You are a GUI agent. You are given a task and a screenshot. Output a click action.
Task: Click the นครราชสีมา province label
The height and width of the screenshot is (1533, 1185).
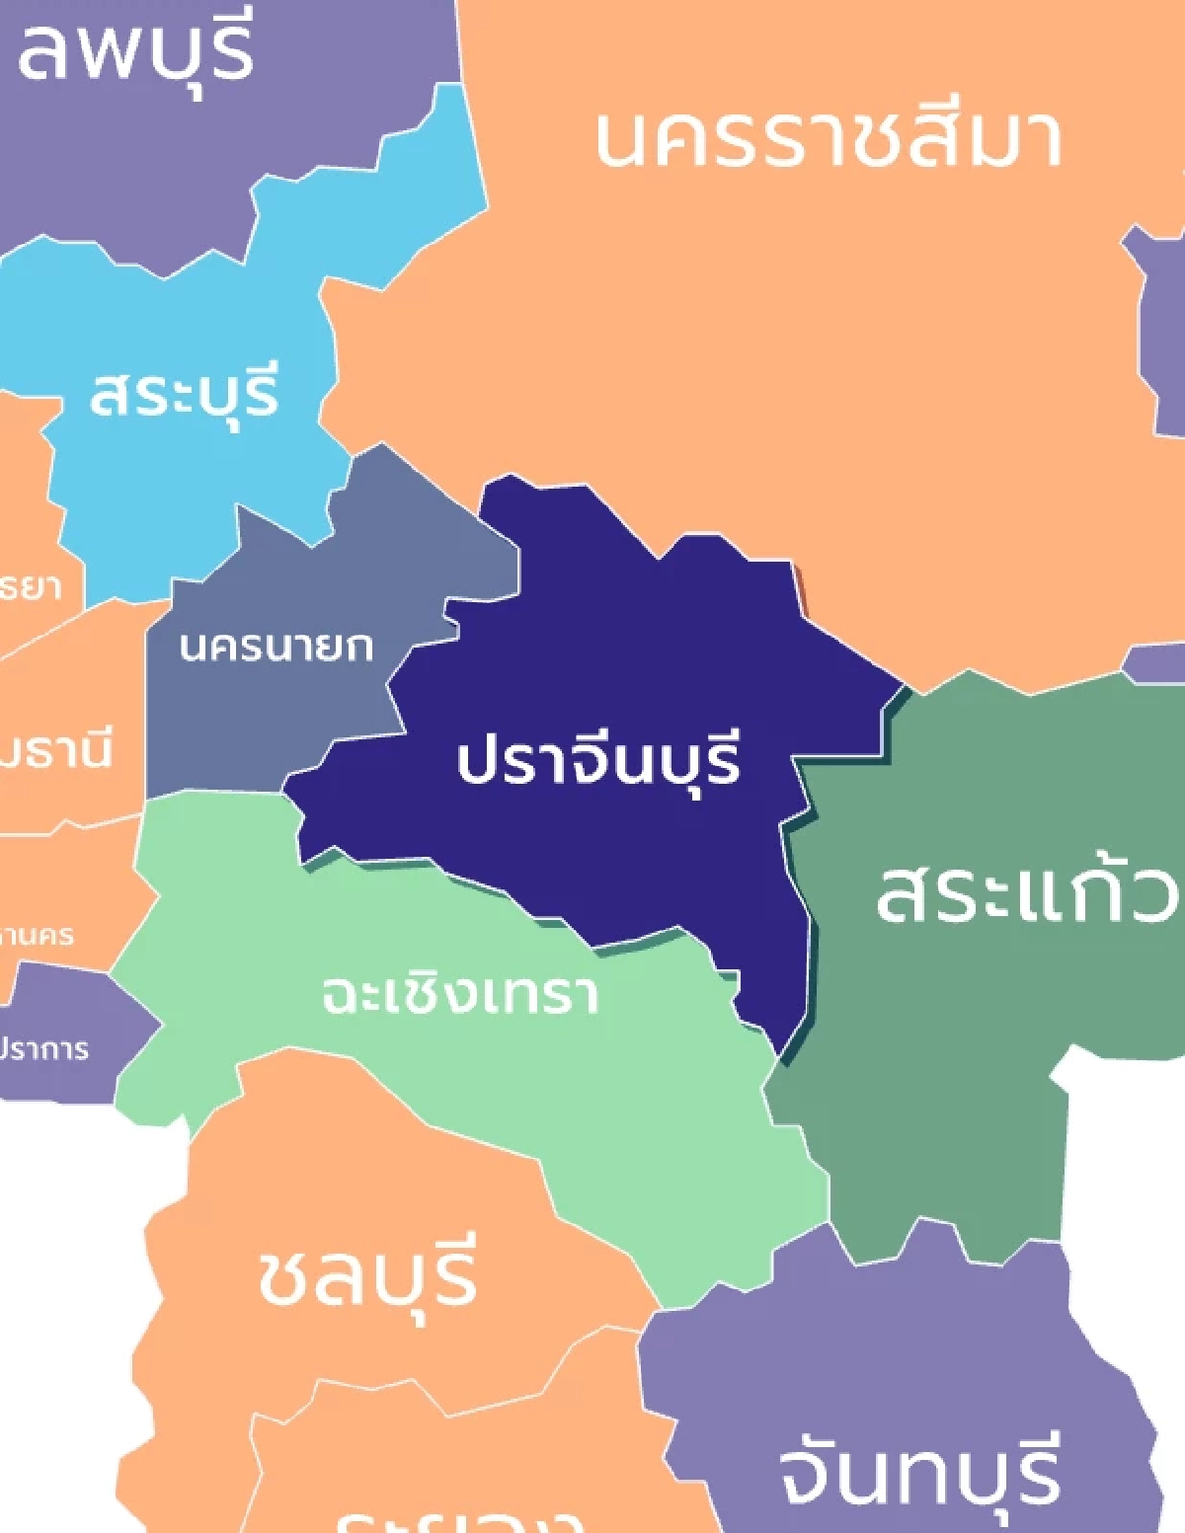(828, 138)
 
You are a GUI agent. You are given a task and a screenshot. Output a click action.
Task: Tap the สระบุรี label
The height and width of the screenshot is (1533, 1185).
(185, 394)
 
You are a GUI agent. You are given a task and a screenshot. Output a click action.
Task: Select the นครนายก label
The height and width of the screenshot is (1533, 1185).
(276, 647)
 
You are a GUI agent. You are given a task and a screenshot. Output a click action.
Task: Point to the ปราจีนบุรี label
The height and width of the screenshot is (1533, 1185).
(598, 761)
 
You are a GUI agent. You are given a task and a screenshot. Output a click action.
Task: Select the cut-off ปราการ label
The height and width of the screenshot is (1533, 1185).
(43, 1048)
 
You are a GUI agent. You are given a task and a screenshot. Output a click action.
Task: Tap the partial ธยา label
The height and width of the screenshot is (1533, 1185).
(30, 586)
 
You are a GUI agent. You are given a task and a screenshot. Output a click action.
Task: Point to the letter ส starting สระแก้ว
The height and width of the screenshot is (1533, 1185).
(904, 893)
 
